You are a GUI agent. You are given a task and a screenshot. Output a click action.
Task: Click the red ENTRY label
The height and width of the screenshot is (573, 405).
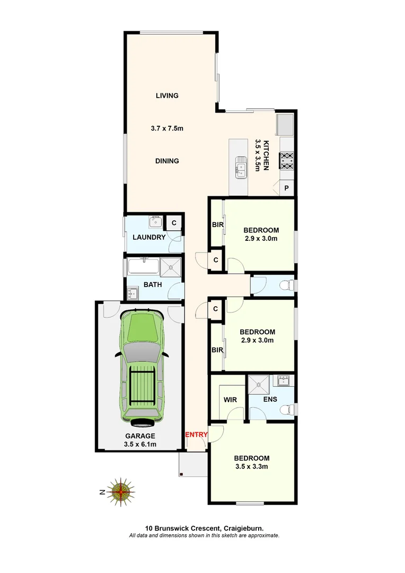(x=196, y=435)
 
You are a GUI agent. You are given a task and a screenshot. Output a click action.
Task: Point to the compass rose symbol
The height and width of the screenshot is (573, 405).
(x=121, y=492)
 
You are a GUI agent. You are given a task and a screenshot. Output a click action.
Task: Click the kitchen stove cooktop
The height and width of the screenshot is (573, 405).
(x=287, y=161)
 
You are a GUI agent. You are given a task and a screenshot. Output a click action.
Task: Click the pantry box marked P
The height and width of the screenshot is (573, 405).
(x=286, y=188)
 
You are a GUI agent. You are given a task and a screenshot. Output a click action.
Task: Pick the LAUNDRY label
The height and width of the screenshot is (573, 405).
(x=149, y=237)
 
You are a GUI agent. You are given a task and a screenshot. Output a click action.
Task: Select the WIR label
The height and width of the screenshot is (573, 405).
(x=230, y=400)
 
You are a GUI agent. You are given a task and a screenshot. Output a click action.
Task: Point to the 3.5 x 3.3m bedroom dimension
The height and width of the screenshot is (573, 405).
(x=252, y=467)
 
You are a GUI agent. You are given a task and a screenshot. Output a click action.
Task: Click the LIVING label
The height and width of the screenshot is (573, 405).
(x=167, y=96)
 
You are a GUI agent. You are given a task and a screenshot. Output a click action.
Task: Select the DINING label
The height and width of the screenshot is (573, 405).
(x=167, y=161)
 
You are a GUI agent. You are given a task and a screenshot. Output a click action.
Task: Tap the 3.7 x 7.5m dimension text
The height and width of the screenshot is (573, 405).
(x=167, y=128)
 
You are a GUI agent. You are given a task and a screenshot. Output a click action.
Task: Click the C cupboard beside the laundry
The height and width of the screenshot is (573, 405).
(x=173, y=222)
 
